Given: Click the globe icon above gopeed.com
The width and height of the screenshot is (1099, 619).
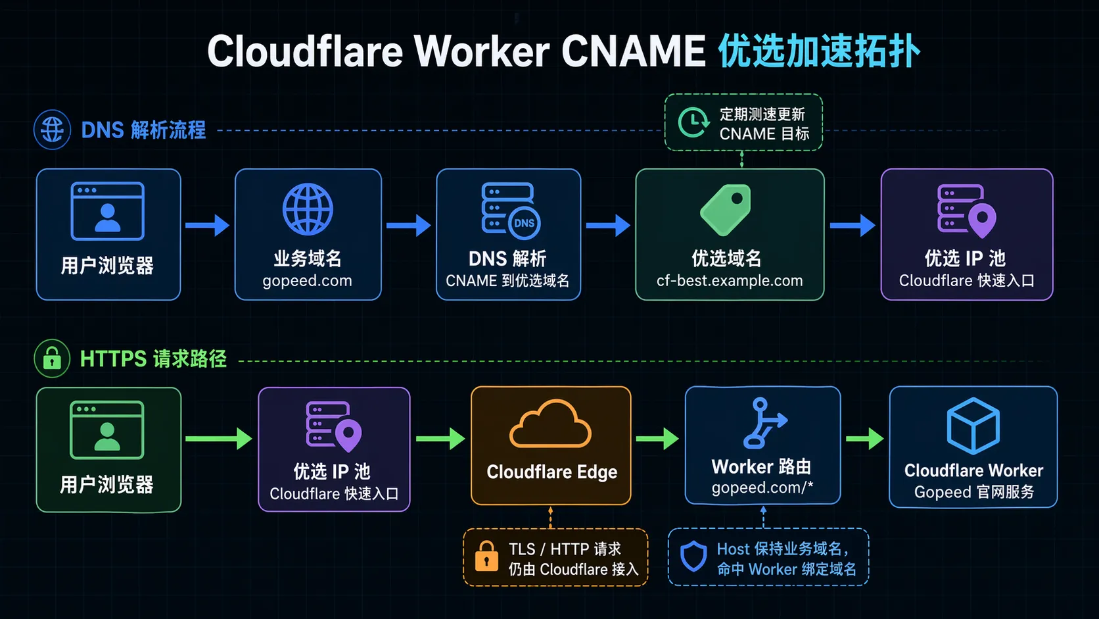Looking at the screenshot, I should click(308, 210).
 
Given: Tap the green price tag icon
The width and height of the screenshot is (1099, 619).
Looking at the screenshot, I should click(726, 210).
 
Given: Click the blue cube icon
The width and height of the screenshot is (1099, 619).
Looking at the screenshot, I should click(973, 426).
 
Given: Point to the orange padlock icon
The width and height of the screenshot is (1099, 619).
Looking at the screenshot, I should click(486, 557).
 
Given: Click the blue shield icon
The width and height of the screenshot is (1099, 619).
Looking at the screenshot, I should click(693, 557).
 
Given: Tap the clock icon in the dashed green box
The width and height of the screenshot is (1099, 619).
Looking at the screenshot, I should click(693, 122).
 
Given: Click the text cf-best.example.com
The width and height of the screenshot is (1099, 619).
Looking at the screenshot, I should click(730, 281).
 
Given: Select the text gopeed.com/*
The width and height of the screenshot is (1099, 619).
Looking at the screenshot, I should click(762, 488).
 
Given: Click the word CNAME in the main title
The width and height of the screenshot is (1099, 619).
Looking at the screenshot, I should click(633, 51).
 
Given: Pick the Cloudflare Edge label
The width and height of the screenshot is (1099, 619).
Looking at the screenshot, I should click(551, 472).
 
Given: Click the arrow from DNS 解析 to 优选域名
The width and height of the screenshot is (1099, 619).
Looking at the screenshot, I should click(608, 226).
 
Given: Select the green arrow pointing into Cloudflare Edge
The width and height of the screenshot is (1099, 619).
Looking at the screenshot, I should click(440, 438).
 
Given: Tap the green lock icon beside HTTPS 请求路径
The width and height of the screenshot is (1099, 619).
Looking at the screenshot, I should click(52, 359).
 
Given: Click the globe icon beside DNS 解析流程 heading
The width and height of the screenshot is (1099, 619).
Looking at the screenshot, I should click(52, 130).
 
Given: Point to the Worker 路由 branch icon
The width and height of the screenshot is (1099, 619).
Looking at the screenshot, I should click(763, 423).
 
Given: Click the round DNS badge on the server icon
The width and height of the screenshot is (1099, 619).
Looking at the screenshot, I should click(524, 223).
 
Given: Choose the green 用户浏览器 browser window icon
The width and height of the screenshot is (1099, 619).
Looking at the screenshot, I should click(107, 430).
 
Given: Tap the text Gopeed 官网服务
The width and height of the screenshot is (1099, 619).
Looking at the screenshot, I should click(973, 492).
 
